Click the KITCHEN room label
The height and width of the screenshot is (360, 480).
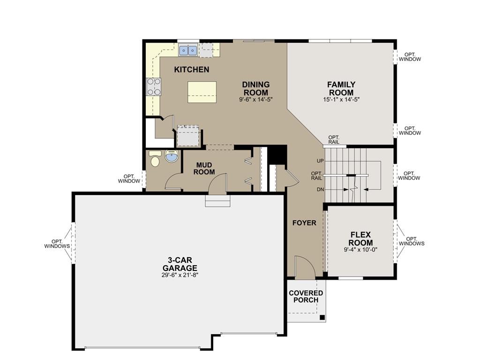tap(191, 69)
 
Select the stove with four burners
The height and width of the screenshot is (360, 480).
tap(154, 86)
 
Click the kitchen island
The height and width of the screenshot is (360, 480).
tap(202, 91)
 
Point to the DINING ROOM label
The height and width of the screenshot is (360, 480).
tap(255, 88)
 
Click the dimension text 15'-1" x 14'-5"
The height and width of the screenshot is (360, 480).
tap(341, 99)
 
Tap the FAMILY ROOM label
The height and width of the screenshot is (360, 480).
tap(341, 88)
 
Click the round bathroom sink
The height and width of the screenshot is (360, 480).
tap(172, 157)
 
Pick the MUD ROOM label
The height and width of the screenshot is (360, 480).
tap(205, 168)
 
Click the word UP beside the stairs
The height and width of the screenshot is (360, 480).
tap(320, 161)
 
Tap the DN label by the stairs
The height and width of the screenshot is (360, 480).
tap(320, 189)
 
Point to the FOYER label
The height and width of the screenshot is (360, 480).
tap(304, 223)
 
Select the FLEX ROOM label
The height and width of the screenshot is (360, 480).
tap(360, 239)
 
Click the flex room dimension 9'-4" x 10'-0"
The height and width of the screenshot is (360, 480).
tap(360, 249)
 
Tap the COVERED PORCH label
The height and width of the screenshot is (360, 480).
tap(306, 296)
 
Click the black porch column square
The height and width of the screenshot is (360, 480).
tap(322, 317)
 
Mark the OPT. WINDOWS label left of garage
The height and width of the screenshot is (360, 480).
tap(57, 243)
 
